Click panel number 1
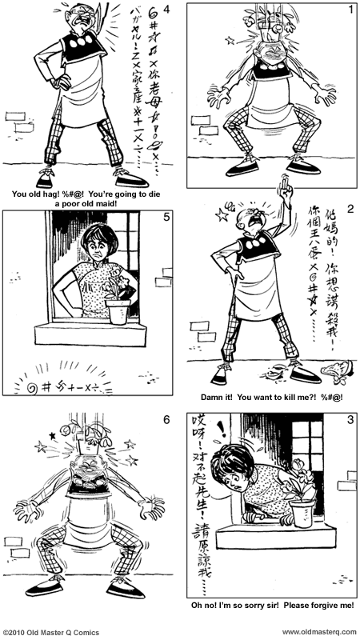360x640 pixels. pyautogui.click(x=350, y=10)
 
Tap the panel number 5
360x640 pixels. pyautogui.click(x=165, y=216)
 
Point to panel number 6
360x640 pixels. pyautogui.click(x=165, y=419)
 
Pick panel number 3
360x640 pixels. pyautogui.click(x=350, y=419)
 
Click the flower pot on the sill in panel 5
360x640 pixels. pyautogui.click(x=117, y=311)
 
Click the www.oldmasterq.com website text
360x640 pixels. pyautogui.click(x=318, y=633)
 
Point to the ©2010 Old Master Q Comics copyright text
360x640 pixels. pyautogui.click(x=51, y=633)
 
